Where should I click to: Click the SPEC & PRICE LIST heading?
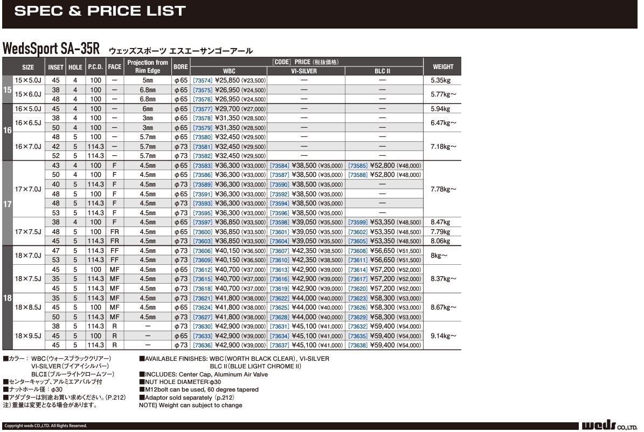pyautogui.click(x=100, y=11)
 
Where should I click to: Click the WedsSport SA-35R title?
pyautogui.click(x=51, y=49)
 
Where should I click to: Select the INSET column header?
pyautogui.click(x=56, y=67)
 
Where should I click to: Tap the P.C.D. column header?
pyautogui.click(x=95, y=67)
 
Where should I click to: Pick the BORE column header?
pyautogui.click(x=181, y=67)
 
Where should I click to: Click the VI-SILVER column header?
pyautogui.click(x=304, y=71)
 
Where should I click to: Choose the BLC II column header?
pyautogui.click(x=382, y=71)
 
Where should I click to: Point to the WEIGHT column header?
pyautogui.click(x=442, y=67)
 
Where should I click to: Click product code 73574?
pyautogui.click(x=203, y=80)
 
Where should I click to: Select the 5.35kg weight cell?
pyautogui.click(x=440, y=80)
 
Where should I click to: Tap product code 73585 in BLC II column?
pyautogui.click(x=358, y=166)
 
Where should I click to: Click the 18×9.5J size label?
pyautogui.click(x=28, y=335)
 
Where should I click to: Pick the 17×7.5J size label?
pyautogui.click(x=28, y=231)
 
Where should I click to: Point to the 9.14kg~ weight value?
pyautogui.click(x=443, y=335)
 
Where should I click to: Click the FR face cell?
pyautogui.click(x=114, y=231)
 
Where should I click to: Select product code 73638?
pyautogui.click(x=358, y=345)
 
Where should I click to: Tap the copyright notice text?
pyautogui.click(x=46, y=426)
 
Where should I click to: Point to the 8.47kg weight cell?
pyautogui.click(x=440, y=222)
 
